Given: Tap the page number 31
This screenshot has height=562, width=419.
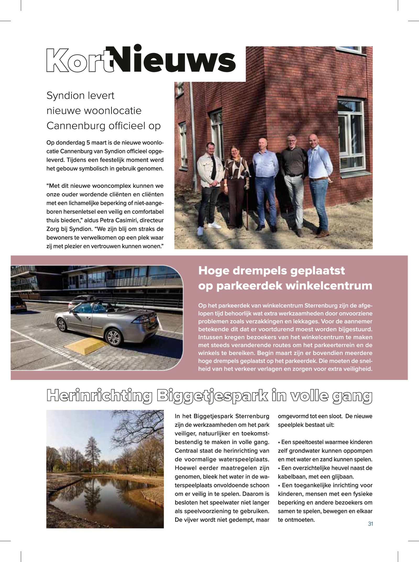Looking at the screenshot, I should [x=370, y=524].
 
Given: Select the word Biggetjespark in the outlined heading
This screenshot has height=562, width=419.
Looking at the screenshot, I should [x=212, y=396].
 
